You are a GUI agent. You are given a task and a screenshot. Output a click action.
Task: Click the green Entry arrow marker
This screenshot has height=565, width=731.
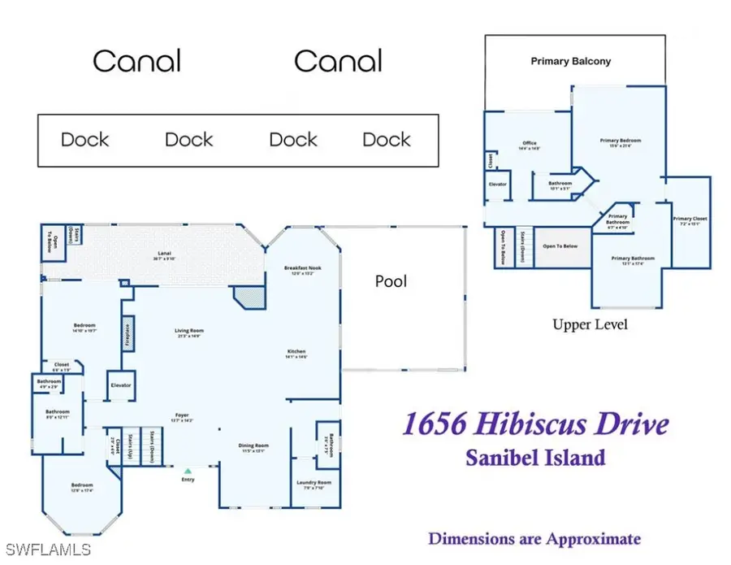tap(188, 470)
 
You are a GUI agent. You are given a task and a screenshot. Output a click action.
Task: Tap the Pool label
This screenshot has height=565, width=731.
tap(390, 281)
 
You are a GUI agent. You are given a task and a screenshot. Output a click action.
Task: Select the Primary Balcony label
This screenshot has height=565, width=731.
tap(570, 61)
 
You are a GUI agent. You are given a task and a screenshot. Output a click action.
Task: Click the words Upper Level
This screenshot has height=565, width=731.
tap(590, 324)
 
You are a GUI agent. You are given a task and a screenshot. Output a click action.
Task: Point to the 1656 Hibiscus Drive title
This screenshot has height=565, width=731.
tap(536, 424)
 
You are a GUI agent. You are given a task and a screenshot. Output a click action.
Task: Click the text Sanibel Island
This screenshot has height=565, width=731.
tap(536, 457)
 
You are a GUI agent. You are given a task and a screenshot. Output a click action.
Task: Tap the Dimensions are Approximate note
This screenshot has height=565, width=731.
tap(534, 538)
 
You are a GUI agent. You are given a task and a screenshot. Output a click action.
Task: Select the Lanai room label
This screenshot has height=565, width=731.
tap(164, 255)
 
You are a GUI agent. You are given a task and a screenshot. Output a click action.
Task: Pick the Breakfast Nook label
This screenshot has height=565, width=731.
tap(302, 270)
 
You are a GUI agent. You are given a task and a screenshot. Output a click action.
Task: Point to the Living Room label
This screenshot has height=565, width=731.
tap(188, 332)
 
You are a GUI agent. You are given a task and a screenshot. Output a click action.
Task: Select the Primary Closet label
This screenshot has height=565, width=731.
tap(690, 220)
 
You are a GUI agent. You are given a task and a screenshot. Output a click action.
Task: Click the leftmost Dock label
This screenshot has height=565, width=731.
tap(84, 139)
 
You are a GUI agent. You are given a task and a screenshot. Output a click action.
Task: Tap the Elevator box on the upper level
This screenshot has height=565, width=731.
tap(498, 185)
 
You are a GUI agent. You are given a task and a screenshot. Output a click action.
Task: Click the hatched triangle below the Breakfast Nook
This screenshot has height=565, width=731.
tap(247, 297)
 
